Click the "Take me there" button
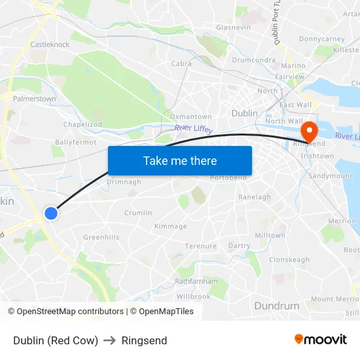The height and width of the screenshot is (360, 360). (x=180, y=161)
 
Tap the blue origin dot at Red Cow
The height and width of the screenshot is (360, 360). (x=50, y=213)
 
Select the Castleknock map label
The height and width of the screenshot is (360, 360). (x=50, y=45)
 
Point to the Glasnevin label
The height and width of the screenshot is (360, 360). (x=233, y=27)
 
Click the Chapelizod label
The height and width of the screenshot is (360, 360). (x=82, y=124)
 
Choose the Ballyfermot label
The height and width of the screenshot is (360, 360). (x=76, y=142)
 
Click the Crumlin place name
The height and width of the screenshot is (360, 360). (x=138, y=213)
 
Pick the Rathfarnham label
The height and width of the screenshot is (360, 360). (x=196, y=281)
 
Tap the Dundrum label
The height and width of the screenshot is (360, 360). (x=276, y=306)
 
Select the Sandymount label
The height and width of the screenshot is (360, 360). (x=330, y=176)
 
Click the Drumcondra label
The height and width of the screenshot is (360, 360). (x=253, y=60)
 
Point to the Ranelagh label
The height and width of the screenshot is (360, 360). (x=255, y=197)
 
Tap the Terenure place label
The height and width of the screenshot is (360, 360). (x=200, y=246)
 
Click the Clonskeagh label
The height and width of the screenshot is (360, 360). (x=289, y=260)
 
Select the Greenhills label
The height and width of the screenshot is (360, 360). (x=101, y=237)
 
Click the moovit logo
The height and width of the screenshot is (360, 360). (x=321, y=340)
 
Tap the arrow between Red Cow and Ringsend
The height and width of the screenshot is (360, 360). (x=110, y=340)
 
